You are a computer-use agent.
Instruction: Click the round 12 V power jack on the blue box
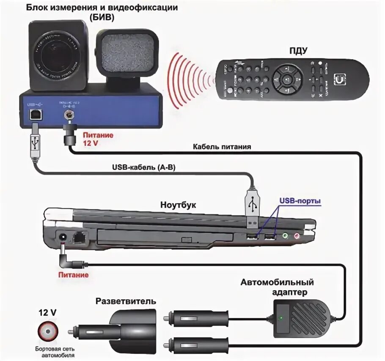point(67,115)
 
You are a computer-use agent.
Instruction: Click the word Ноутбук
point(178,205)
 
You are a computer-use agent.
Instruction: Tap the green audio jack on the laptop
point(286,236)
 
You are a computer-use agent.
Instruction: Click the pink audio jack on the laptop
point(297,236)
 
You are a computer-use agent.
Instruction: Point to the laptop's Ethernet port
point(79,238)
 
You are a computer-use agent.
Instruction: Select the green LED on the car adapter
point(280,317)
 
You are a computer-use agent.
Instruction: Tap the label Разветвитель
point(126,301)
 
